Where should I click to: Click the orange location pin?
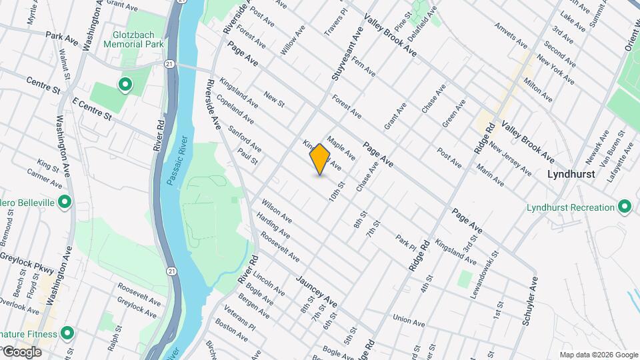pos(320,159)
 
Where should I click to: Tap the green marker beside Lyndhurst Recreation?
pos(625,207)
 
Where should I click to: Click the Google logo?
pos(21,351)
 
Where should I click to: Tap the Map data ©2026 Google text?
pos(598,355)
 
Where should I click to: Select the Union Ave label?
pos(409,321)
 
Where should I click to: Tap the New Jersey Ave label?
pos(510,158)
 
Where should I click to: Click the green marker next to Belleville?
pos(65,201)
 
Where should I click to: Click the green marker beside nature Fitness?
pos(67,332)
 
